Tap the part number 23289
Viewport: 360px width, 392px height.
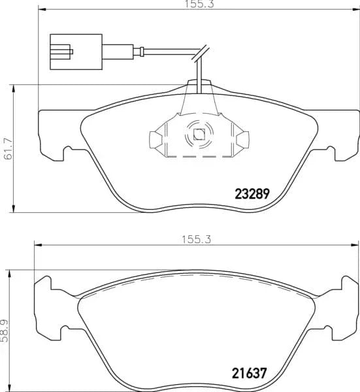(x=252, y=193)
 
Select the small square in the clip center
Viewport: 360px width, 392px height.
(x=199, y=136)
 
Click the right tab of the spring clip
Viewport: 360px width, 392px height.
(x=243, y=139)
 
